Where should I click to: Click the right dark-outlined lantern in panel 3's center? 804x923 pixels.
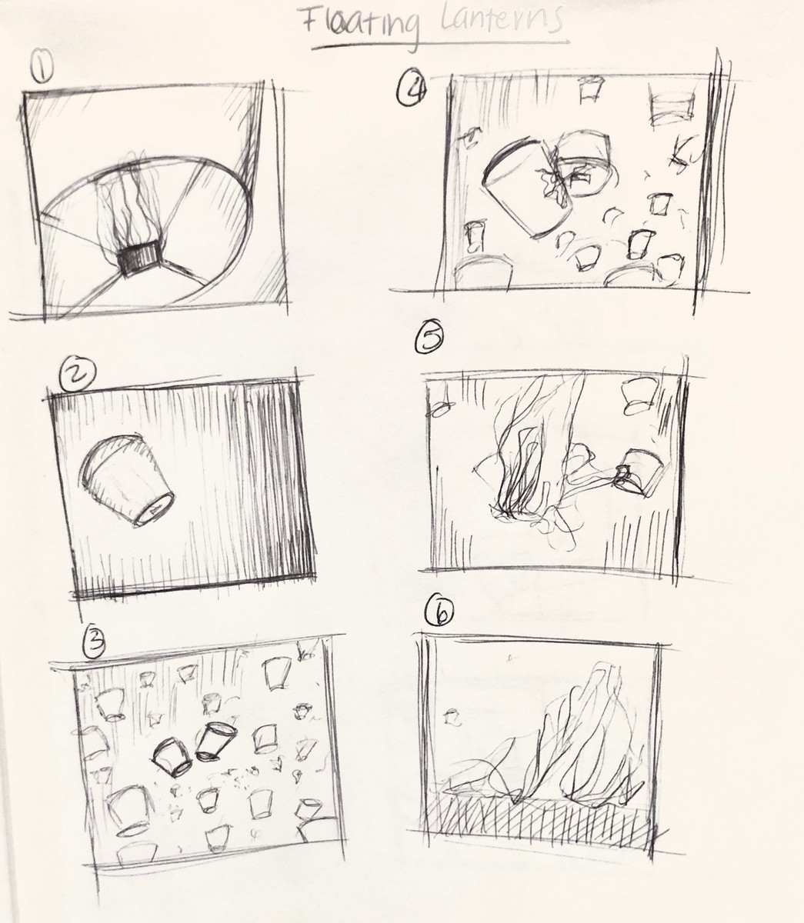[x=216, y=741]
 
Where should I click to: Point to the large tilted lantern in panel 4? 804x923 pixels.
[x=517, y=185]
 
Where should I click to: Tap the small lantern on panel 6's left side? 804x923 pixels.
[x=454, y=718]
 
